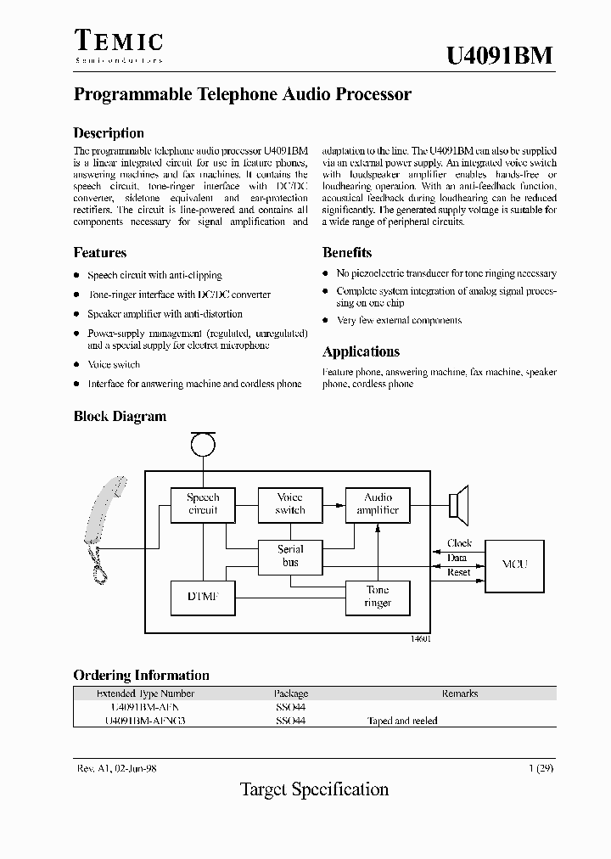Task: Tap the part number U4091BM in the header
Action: point(500,55)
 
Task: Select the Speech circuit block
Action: point(202,504)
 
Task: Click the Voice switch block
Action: point(290,504)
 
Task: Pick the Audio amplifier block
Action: point(378,504)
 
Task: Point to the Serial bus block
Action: point(290,556)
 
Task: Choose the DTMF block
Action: point(202,598)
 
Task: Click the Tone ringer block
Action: point(378,597)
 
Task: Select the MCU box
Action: point(514,564)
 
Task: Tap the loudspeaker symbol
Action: point(459,504)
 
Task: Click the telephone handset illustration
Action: point(104,526)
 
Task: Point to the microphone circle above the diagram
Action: point(203,444)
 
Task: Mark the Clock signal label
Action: point(459,543)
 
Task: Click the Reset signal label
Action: point(458,573)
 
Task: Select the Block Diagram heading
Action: point(120,417)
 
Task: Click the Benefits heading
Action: point(347,253)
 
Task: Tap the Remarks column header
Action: point(459,693)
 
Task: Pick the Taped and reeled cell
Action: point(402,721)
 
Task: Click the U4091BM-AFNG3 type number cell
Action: point(144,721)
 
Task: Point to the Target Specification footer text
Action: point(314,789)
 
